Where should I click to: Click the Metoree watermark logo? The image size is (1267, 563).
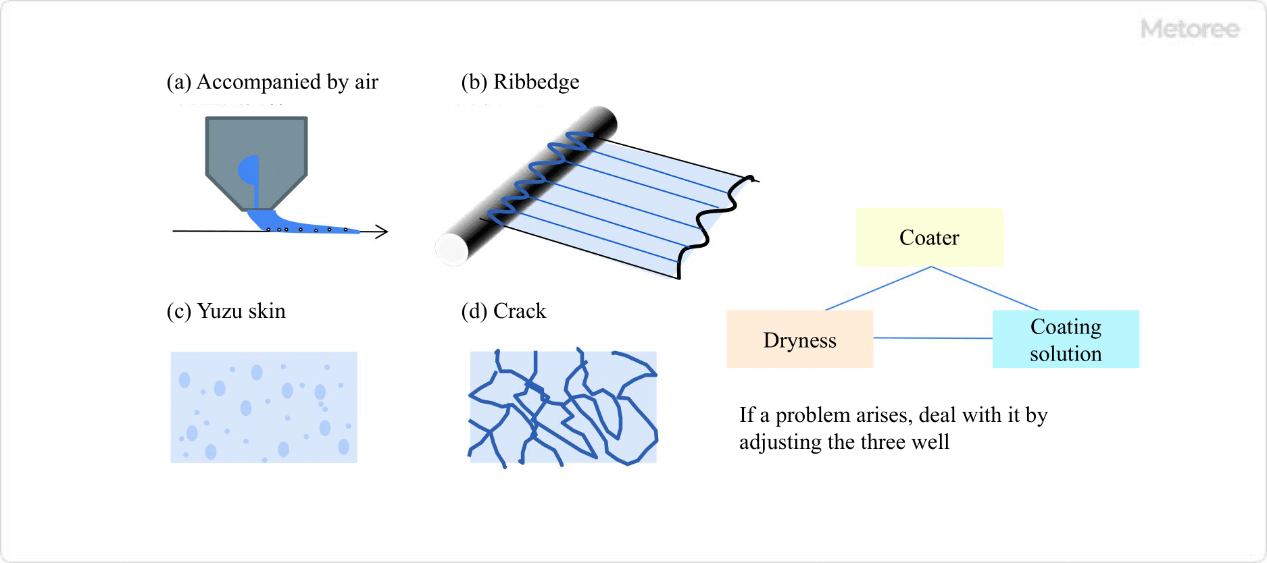pyautogui.click(x=1189, y=29)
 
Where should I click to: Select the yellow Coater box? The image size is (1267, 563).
pyautogui.click(x=929, y=237)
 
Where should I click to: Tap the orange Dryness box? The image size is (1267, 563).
pyautogui.click(x=799, y=340)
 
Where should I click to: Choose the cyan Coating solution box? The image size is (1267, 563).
pyautogui.click(x=1065, y=340)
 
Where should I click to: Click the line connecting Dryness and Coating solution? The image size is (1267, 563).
pyautogui.click(x=933, y=338)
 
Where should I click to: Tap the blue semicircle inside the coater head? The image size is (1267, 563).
pyautogui.click(x=247, y=170)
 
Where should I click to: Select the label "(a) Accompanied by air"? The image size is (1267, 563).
pyautogui.click(x=272, y=82)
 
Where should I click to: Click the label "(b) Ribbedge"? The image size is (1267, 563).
pyautogui.click(x=520, y=82)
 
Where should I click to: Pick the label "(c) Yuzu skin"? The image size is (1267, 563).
pyautogui.click(x=226, y=311)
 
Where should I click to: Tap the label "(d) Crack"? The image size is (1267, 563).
pyautogui.click(x=503, y=311)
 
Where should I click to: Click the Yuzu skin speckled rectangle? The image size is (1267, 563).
pyautogui.click(x=264, y=407)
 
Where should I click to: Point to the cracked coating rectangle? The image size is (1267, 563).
pyautogui.click(x=563, y=407)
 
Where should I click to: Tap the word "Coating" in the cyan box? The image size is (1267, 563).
pyautogui.click(x=1066, y=327)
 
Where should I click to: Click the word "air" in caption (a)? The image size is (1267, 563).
pyautogui.click(x=366, y=82)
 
